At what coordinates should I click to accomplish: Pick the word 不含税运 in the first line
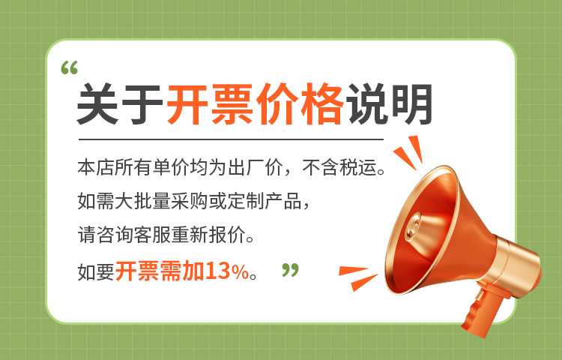tap(349, 166)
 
